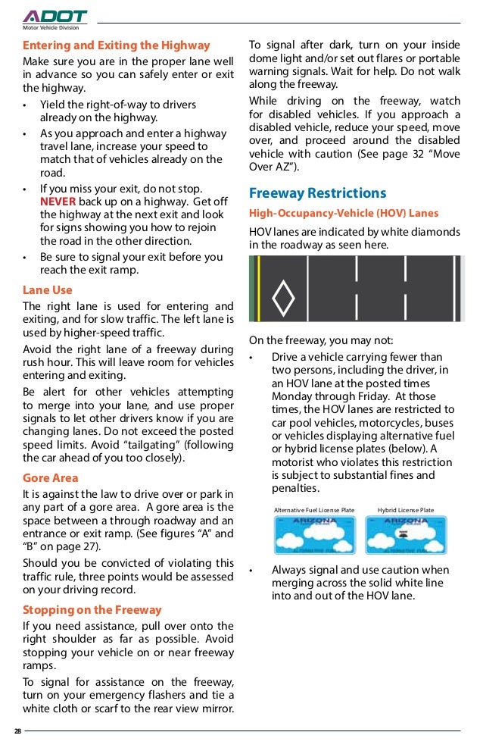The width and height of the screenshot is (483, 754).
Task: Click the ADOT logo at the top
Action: click(55, 16)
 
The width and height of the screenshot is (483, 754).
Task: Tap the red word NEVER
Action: click(58, 201)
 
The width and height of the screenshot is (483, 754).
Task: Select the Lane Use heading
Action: click(48, 289)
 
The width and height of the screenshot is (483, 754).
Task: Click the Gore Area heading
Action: click(51, 478)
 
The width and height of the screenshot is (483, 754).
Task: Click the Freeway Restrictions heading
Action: click(317, 192)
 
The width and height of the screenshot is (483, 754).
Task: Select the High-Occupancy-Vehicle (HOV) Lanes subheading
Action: click(344, 213)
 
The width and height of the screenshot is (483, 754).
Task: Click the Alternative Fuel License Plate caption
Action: click(313, 510)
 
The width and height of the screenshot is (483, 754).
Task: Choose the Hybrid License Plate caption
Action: click(406, 510)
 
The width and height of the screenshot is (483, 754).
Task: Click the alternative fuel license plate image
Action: click(313, 536)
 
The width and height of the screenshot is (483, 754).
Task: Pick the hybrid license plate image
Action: click(405, 536)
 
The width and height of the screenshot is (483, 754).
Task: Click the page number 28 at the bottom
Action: click(17, 731)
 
